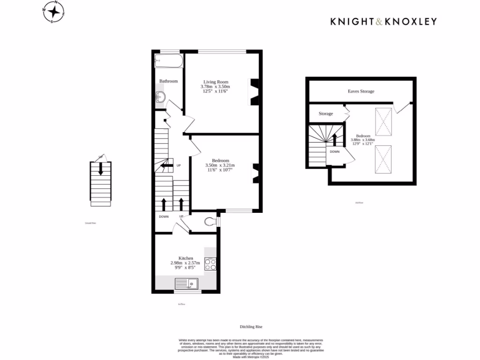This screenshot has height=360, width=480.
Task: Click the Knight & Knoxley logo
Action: [x=383, y=21]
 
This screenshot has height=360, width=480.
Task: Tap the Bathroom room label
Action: [x=168, y=81]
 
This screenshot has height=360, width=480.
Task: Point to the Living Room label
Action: [x=215, y=82]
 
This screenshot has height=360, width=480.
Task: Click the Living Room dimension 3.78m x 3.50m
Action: [x=215, y=87]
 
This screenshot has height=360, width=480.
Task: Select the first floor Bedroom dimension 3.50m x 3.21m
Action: [x=220, y=165]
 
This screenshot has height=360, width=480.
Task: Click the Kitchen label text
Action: [x=186, y=258]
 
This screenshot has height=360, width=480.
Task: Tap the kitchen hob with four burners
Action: [x=210, y=264]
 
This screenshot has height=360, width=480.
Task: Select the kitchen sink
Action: [x=187, y=284]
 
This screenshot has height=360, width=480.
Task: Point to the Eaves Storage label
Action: [x=361, y=91]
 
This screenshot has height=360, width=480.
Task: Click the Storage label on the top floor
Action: [x=326, y=114]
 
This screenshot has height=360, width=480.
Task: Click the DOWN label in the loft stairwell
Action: [x=335, y=152]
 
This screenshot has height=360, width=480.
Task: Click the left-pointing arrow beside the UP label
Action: [x=166, y=165]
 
